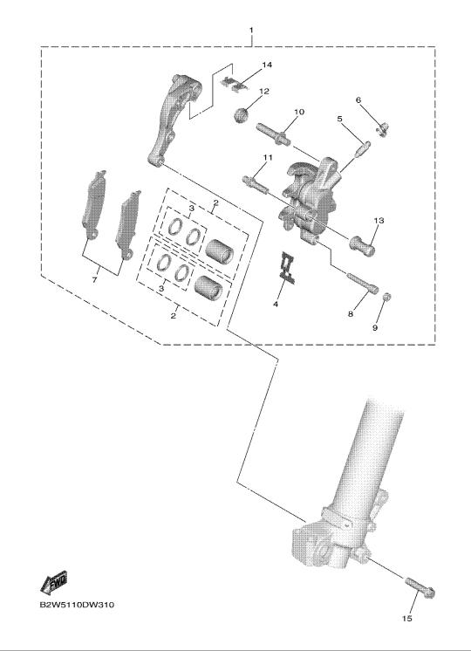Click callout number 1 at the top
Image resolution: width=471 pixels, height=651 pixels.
(x=250, y=31)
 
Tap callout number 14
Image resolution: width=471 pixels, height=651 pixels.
(x=266, y=65)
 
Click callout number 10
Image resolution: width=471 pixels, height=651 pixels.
(x=299, y=112)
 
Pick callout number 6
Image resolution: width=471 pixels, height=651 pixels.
(x=358, y=100)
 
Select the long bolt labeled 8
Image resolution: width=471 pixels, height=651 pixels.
(x=362, y=283)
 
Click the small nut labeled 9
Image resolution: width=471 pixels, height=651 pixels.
(x=386, y=297)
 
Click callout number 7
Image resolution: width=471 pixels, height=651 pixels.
(x=94, y=280)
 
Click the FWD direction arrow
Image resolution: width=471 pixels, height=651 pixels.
(x=54, y=581)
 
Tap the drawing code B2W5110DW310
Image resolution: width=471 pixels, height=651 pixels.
(x=77, y=605)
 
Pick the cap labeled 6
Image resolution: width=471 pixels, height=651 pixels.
(x=383, y=129)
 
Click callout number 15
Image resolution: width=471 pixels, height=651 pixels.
(x=407, y=618)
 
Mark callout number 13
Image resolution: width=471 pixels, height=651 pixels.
(x=379, y=221)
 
